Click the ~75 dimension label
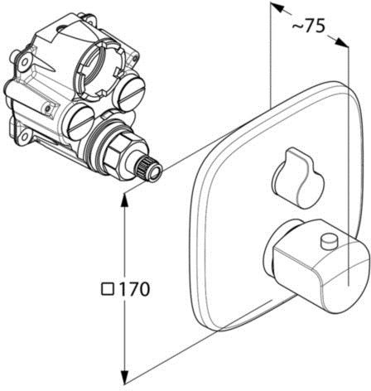308,27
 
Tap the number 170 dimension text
133,289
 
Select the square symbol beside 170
108,289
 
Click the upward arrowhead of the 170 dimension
125,200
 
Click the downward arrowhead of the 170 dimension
125,377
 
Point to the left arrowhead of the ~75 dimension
277,7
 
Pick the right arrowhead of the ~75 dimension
342,43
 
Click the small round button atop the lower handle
329,239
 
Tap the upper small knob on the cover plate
298,177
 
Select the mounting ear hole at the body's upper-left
25,61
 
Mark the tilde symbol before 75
297,27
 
